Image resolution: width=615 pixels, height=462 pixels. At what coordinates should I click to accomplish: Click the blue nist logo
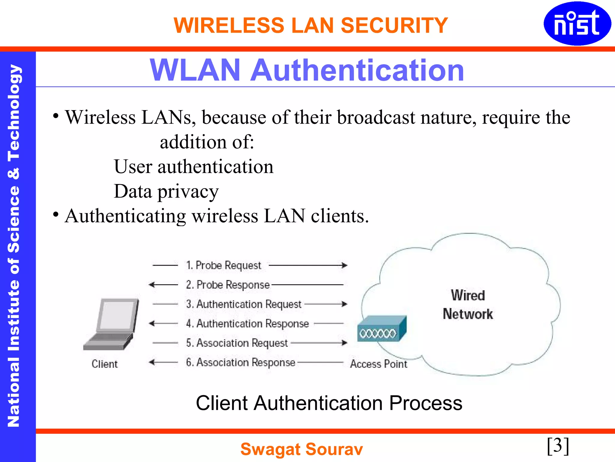(577, 23)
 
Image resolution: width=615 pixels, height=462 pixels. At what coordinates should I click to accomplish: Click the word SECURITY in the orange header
(394, 25)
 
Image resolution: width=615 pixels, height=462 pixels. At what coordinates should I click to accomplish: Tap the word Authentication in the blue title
(357, 70)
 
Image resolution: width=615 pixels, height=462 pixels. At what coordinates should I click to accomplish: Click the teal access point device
(382, 329)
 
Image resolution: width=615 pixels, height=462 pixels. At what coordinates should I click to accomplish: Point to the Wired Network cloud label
(468, 305)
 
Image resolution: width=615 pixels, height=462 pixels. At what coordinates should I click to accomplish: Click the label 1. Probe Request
(223, 265)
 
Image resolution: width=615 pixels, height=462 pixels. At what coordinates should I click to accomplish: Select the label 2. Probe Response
(228, 285)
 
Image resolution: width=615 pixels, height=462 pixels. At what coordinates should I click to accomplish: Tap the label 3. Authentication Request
(244, 304)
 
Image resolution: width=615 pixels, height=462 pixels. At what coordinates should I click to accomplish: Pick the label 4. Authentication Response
(247, 324)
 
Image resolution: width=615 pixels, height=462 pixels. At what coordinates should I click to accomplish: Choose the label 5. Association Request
(237, 343)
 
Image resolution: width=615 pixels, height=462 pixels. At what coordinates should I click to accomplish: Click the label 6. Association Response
(241, 362)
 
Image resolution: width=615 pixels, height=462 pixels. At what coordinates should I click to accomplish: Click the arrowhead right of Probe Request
(345, 265)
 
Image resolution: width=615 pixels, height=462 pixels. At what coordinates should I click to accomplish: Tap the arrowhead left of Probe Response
(152, 285)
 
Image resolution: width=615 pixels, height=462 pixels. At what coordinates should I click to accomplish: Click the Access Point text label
(378, 364)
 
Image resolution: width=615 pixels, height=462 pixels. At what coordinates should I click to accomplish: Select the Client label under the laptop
(105, 364)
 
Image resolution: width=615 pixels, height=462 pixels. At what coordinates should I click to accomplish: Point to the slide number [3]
(558, 445)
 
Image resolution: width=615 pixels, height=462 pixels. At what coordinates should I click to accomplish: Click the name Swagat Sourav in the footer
(301, 449)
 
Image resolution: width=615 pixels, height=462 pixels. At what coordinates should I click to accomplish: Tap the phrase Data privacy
(166, 191)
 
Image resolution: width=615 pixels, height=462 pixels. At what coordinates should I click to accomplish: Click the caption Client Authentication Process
(329, 403)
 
